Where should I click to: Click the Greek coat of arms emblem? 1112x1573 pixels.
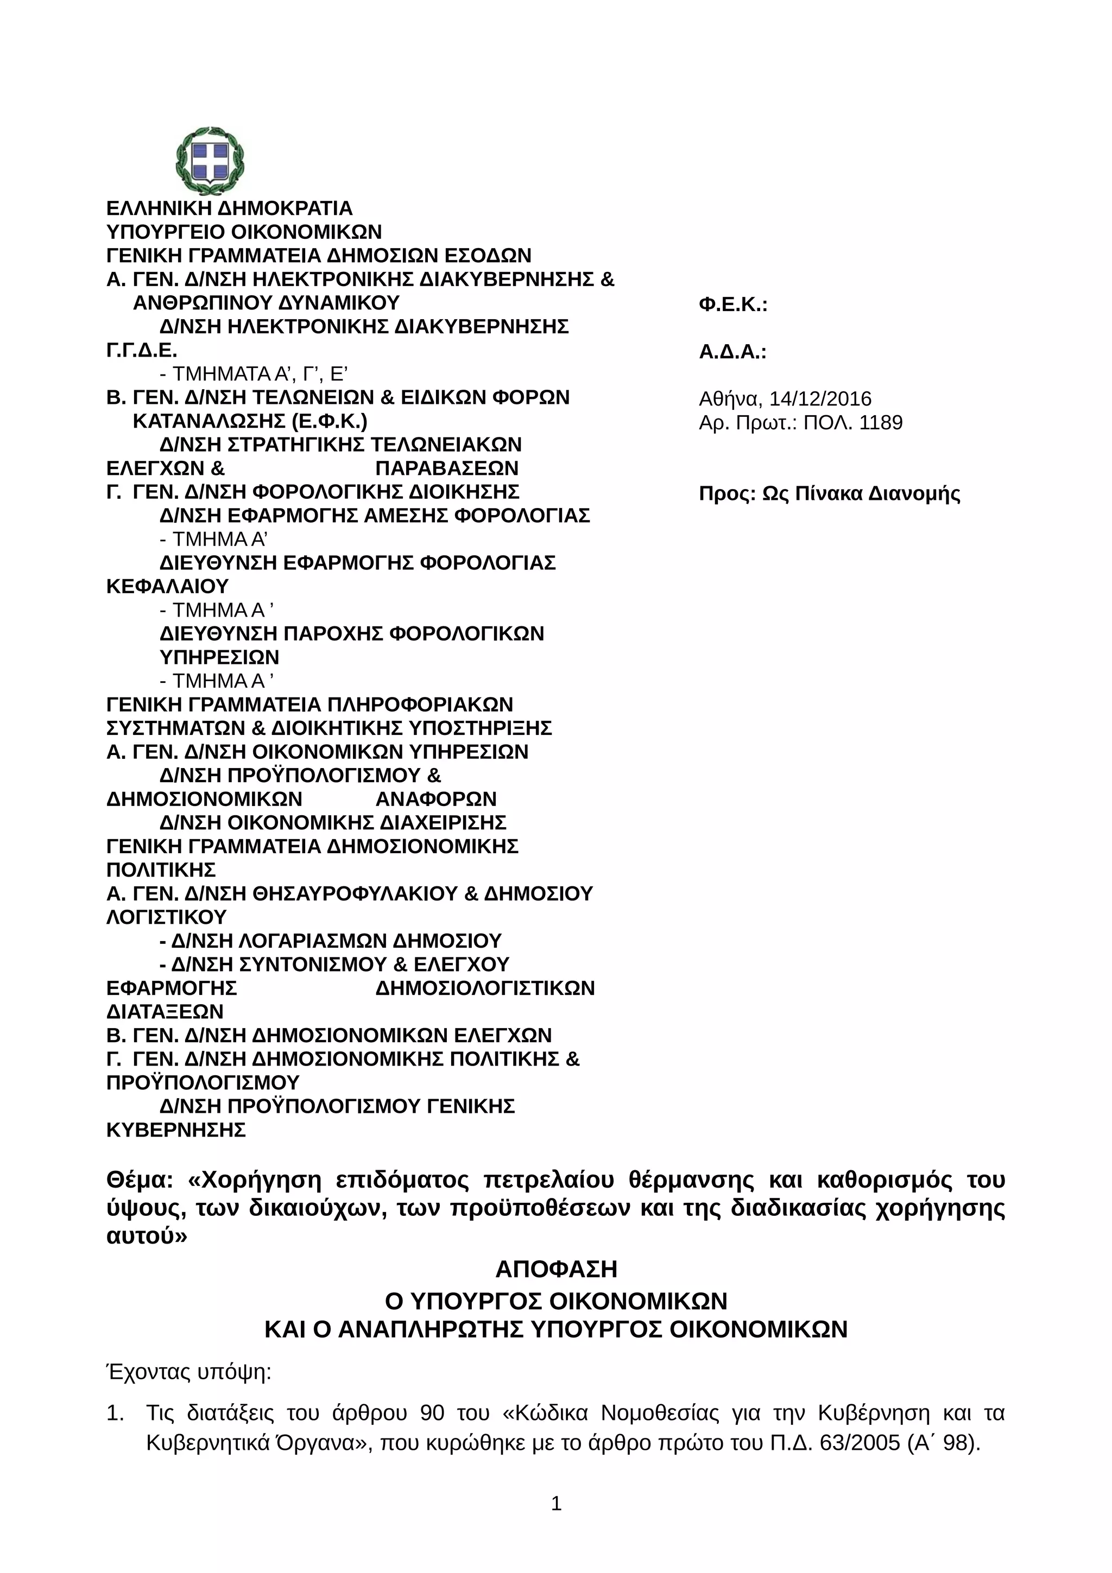[x=210, y=161]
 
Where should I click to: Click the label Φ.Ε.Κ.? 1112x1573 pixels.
[x=732, y=305]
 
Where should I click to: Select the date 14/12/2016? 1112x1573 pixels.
[x=820, y=399]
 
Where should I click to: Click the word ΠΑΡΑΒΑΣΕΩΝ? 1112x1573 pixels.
[x=447, y=468]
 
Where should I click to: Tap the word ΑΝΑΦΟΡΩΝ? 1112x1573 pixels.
[x=436, y=800]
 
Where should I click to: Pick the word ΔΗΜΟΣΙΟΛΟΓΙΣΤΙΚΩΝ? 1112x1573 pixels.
[x=485, y=988]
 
